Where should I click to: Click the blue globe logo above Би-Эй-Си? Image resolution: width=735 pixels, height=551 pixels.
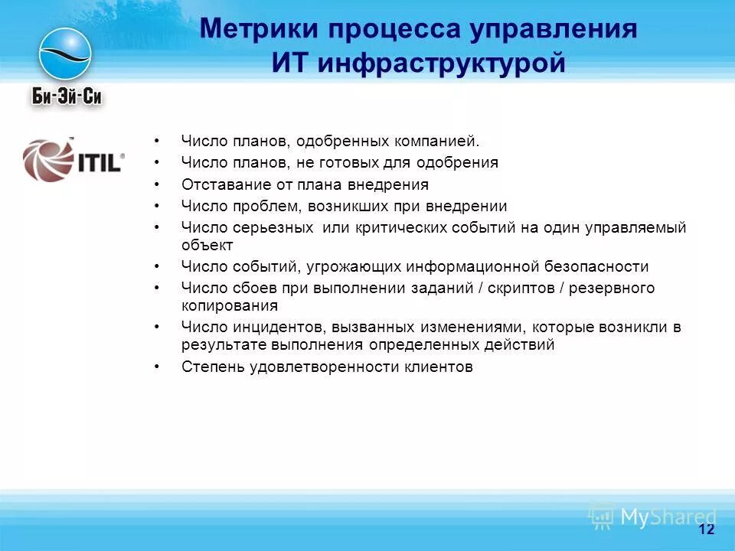click(x=65, y=54)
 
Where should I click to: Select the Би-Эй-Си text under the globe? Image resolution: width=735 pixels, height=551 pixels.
click(x=67, y=96)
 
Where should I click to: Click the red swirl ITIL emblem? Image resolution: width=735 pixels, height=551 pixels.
click(x=47, y=159)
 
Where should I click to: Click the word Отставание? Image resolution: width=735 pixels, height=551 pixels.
click(x=220, y=184)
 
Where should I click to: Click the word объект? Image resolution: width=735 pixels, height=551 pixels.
click(x=207, y=245)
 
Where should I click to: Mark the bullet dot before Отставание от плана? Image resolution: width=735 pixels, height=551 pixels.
click(x=157, y=185)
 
